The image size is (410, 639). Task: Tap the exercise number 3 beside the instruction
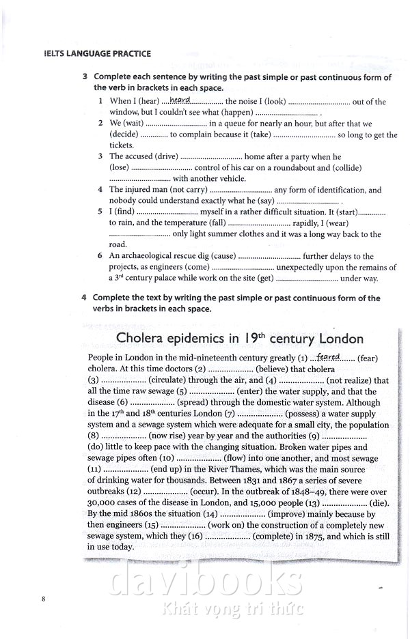(84, 77)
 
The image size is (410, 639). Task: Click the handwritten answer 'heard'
(180, 100)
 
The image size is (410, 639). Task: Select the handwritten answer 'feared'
(329, 356)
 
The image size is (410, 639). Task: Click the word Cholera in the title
(142, 339)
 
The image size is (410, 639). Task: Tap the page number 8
(43, 599)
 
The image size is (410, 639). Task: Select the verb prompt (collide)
(348, 168)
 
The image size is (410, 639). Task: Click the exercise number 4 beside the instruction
(84, 298)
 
